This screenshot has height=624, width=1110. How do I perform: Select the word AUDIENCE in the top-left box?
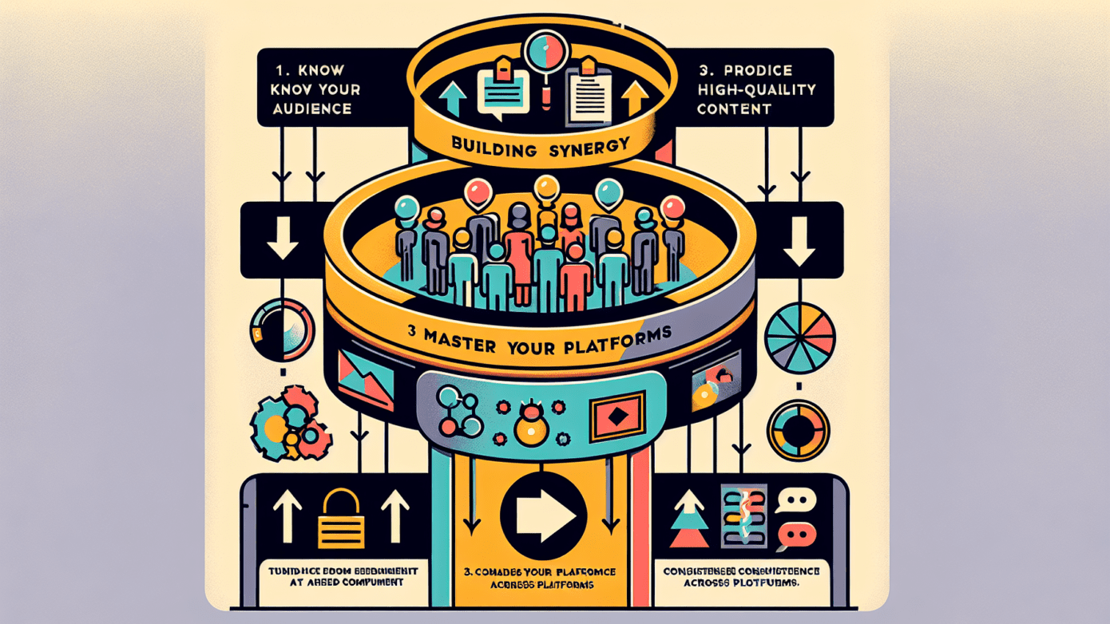pyautogui.click(x=312, y=109)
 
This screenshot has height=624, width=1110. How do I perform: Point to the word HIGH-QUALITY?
pyautogui.click(x=756, y=90)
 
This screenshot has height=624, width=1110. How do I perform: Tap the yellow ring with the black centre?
pyautogui.click(x=799, y=431)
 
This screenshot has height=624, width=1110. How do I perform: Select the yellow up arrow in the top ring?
pyautogui.click(x=636, y=97)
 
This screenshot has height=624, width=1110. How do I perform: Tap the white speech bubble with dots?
pyautogui.click(x=795, y=501)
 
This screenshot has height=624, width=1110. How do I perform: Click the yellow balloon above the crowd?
pyautogui.click(x=546, y=188)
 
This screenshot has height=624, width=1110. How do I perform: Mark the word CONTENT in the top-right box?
pyautogui.click(x=734, y=109)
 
